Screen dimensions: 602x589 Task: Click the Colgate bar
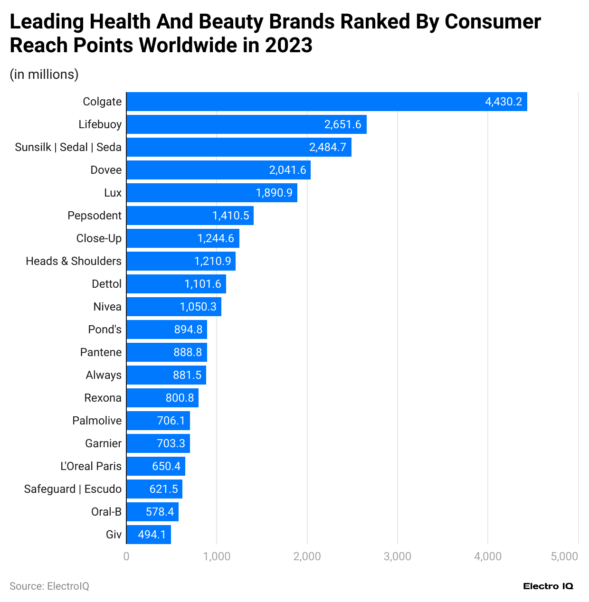[x=326, y=102]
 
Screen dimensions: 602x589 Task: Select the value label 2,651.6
[x=342, y=124]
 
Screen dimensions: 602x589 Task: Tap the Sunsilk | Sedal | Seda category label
[x=68, y=147]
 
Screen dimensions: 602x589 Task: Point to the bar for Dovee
[x=218, y=170]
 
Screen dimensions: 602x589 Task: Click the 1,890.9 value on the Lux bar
[x=274, y=193]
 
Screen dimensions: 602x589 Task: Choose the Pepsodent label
[x=95, y=216]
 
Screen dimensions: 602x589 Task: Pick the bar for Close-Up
[x=182, y=238]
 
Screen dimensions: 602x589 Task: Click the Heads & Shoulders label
[x=74, y=261]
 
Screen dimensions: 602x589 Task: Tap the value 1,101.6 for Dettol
[x=203, y=284]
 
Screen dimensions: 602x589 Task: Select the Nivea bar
[x=173, y=307]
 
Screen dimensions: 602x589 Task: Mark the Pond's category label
[x=104, y=329]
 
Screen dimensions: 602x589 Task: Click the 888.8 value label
[x=188, y=352]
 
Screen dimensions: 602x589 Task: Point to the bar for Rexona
[x=162, y=398]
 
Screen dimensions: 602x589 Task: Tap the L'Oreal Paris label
[x=91, y=466]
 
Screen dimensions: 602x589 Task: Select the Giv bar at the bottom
[x=148, y=535]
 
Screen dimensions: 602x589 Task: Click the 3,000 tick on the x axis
[x=398, y=556]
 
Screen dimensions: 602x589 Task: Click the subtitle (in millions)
[x=44, y=75]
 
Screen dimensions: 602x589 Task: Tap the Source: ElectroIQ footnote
[x=49, y=586]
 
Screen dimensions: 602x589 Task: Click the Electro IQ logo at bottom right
[x=548, y=586]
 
